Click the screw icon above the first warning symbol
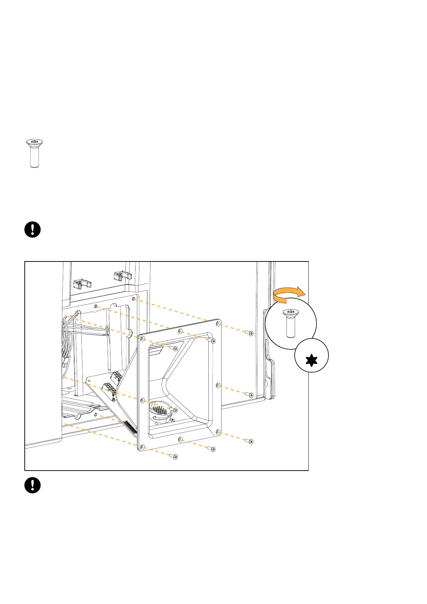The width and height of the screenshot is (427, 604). tap(34, 153)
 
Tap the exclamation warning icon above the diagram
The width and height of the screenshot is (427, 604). tap(33, 230)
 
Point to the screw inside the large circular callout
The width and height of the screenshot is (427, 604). tap(291, 322)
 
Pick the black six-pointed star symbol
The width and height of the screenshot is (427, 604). tap(312, 359)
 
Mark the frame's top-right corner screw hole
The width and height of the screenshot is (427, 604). tap(218, 324)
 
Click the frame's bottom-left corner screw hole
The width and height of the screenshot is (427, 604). tap(142, 447)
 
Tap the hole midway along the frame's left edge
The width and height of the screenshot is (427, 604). tap(142, 400)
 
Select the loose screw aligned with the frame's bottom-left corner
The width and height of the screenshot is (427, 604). tap(175, 457)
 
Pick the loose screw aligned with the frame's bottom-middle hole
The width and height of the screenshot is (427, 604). tap(213, 449)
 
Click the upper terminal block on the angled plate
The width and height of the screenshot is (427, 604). tap(117, 377)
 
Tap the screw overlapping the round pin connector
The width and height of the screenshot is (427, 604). tap(175, 410)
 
